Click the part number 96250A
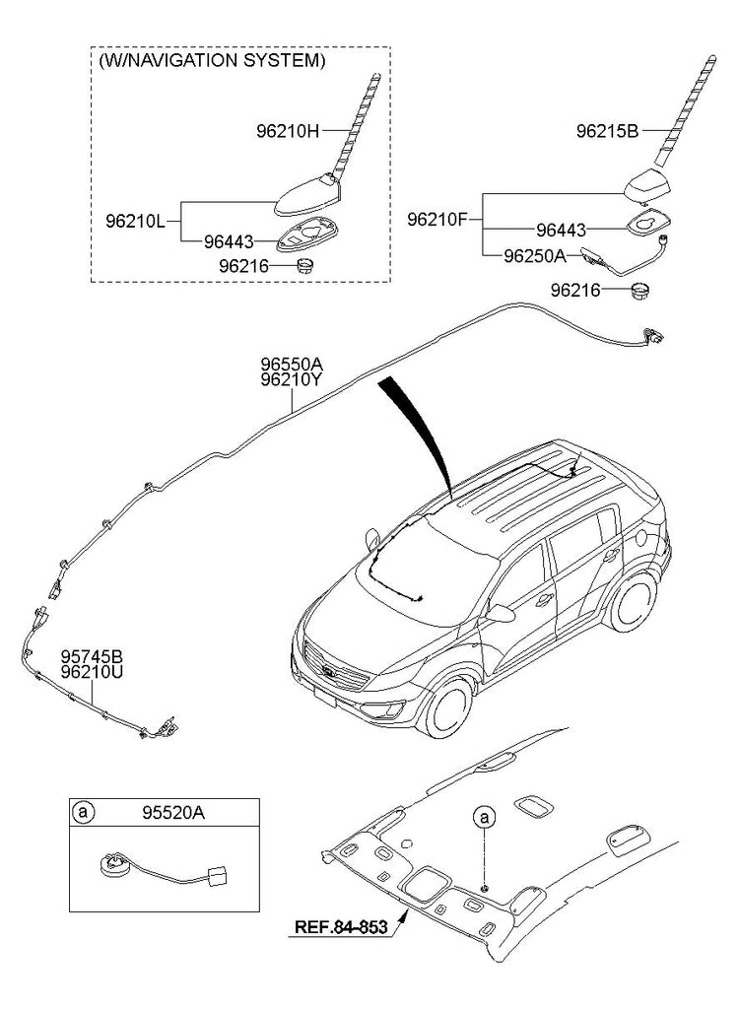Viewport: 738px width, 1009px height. [x=534, y=255]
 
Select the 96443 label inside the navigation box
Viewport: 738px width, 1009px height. [x=229, y=240]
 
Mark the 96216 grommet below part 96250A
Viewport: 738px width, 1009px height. [x=641, y=291]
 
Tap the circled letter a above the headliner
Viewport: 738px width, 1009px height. [x=483, y=817]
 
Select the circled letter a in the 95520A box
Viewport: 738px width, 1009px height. [x=85, y=813]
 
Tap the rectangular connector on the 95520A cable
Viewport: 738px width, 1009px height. [x=216, y=875]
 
